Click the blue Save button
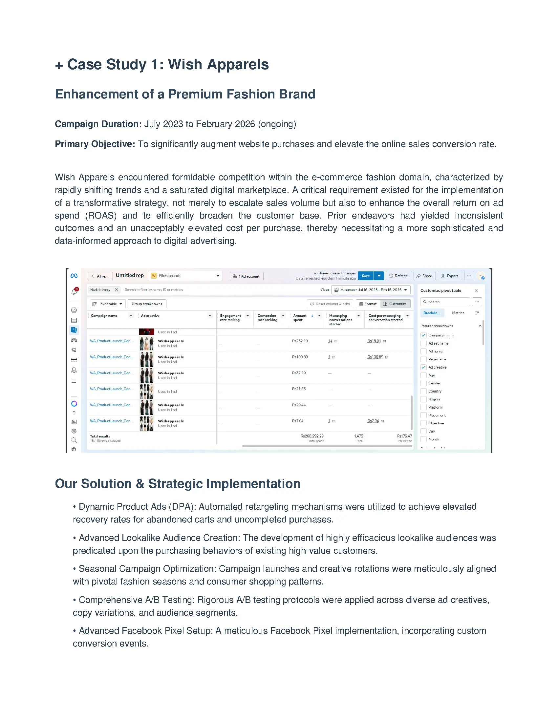tap(365, 276)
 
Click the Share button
tap(424, 276)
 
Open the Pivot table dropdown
tap(108, 304)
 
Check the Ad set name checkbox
tap(423, 343)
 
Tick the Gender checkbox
tap(423, 383)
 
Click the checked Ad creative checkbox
tap(423, 367)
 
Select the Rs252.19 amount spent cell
tap(300, 341)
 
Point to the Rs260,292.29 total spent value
tap(312, 436)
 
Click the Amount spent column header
tap(299, 318)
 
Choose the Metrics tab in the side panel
tap(458, 313)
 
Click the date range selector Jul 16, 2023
tap(371, 290)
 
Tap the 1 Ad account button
tap(246, 276)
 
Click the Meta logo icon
tap(74, 276)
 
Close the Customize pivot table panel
tap(476, 290)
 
